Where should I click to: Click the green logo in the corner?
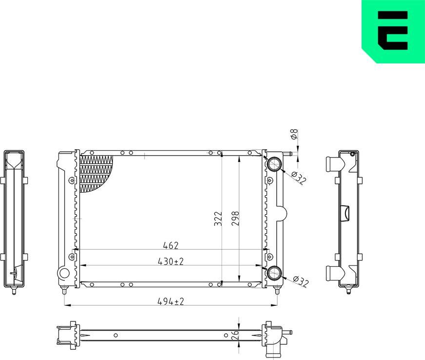coord(393,32)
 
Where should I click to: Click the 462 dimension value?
coord(171,245)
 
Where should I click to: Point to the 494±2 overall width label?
coord(170,301)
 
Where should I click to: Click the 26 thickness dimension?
coord(235,335)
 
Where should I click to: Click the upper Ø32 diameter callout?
coord(298,179)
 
